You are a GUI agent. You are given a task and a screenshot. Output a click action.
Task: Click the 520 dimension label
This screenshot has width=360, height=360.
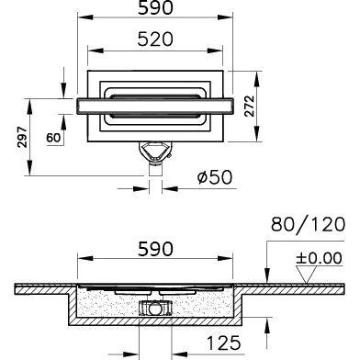(x=155, y=39)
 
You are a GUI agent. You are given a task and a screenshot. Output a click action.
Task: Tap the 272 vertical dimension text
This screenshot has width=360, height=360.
(x=250, y=106)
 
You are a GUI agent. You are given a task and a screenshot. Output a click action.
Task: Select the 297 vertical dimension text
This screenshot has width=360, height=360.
(x=22, y=137)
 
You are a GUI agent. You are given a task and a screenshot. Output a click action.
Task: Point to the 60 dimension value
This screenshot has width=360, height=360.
(x=53, y=138)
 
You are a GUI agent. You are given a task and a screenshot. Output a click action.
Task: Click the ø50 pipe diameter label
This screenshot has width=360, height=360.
(x=215, y=177)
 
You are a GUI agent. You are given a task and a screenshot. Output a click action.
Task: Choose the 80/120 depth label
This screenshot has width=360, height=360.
(x=308, y=224)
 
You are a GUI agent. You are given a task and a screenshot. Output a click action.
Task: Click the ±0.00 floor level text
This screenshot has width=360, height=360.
(x=319, y=258)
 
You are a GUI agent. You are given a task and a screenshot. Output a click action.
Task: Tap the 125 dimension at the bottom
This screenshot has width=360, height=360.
(x=224, y=343)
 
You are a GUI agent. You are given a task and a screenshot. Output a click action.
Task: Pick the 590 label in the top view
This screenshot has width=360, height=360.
(x=155, y=8)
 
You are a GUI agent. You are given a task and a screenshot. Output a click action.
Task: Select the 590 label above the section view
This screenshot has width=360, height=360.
(x=155, y=249)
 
